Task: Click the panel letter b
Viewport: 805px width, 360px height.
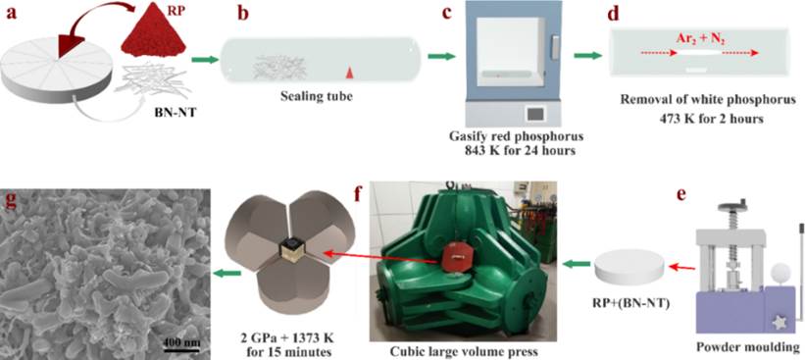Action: [243, 13]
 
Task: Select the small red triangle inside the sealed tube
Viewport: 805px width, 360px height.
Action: [349, 75]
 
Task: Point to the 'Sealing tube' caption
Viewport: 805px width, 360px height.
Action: [323, 96]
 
